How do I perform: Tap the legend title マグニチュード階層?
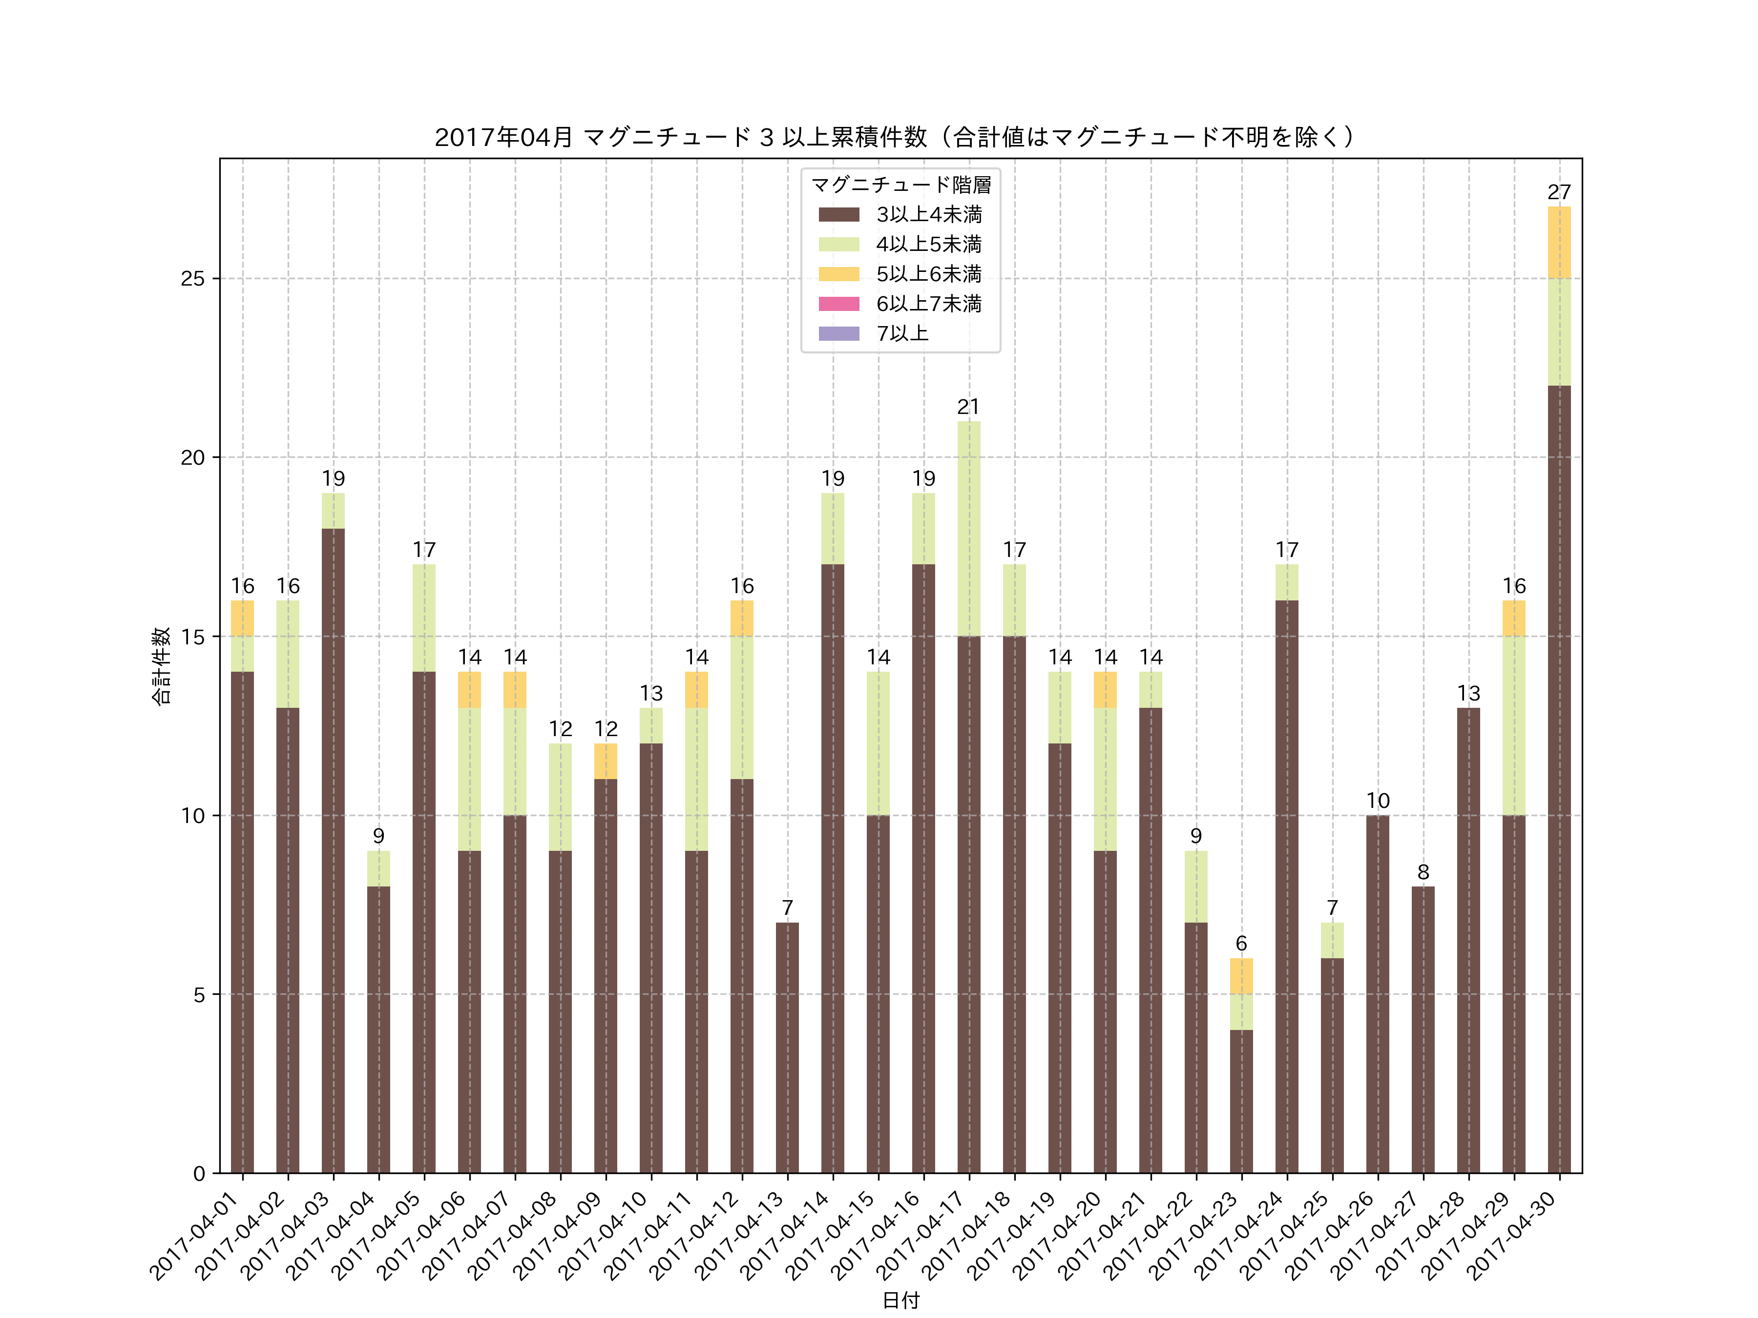(x=900, y=185)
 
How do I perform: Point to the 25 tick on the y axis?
(x=192, y=279)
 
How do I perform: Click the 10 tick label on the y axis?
(x=192, y=816)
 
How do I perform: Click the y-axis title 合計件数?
(x=161, y=666)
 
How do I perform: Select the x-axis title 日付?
(x=900, y=1300)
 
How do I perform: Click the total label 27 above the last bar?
(x=1559, y=192)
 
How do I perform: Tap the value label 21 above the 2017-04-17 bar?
(x=968, y=407)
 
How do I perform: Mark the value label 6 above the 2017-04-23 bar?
(x=1241, y=944)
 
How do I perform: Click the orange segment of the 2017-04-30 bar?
(x=1559, y=242)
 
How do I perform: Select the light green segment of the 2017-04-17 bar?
(x=968, y=528)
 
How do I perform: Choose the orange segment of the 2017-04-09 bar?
(x=606, y=761)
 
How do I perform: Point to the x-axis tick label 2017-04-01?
(x=195, y=1236)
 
